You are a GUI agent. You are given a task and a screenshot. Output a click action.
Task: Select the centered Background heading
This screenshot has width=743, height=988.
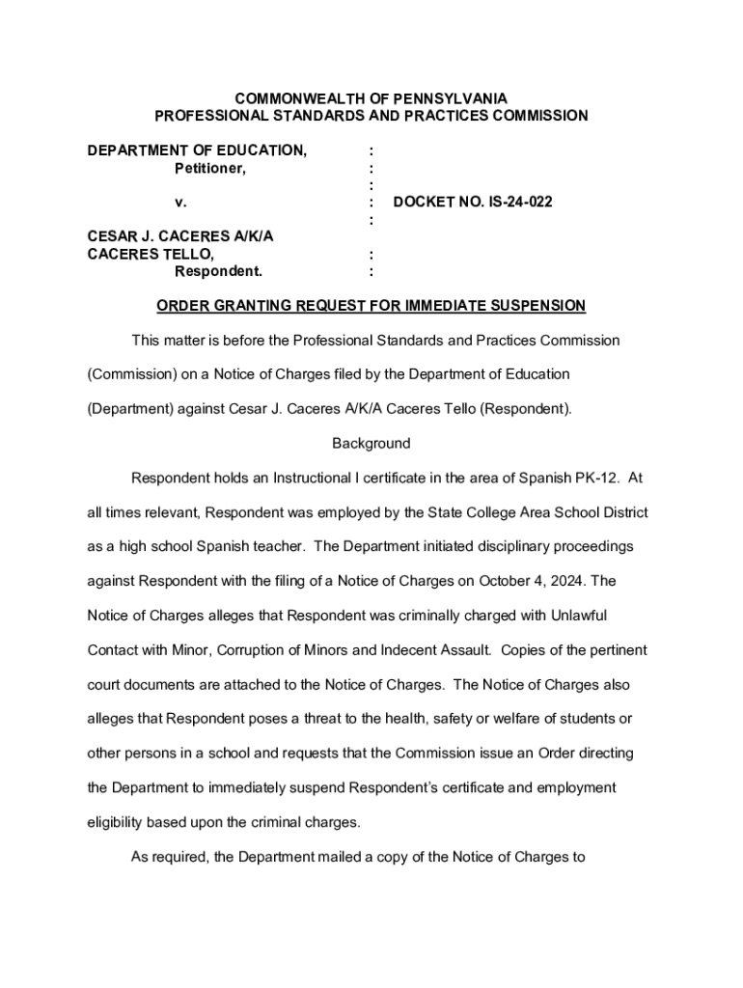tap(371, 444)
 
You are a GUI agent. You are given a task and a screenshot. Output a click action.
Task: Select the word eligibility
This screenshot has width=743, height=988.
tap(114, 822)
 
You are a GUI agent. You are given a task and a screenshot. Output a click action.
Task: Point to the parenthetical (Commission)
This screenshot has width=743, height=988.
tap(126, 374)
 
